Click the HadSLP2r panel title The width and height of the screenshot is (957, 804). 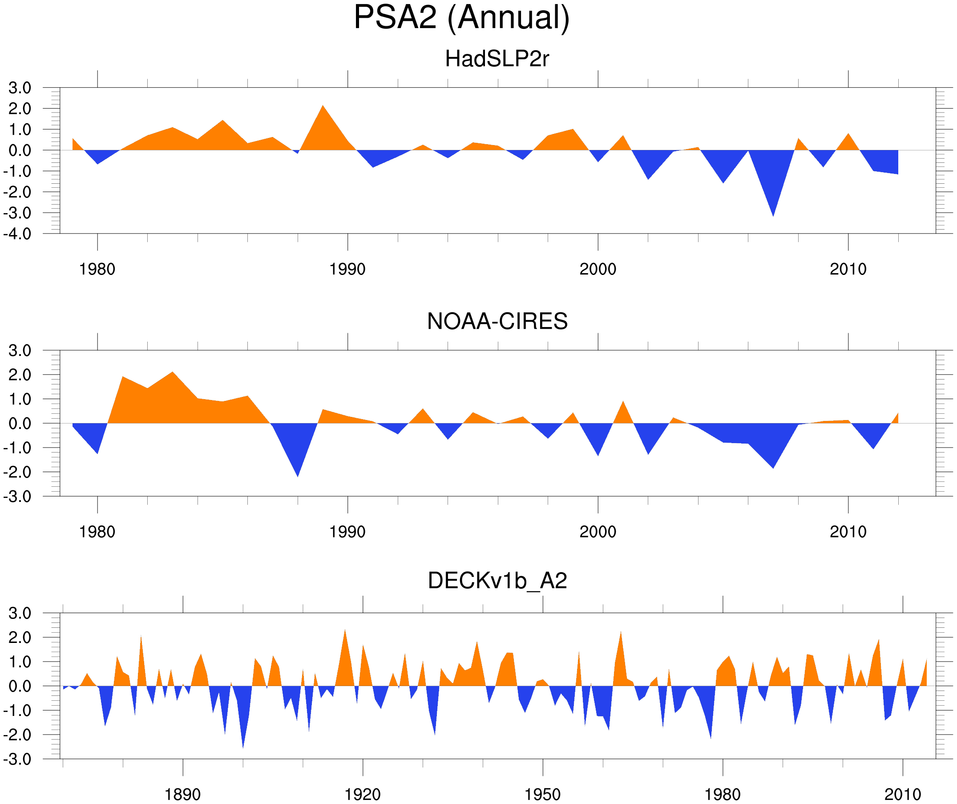click(497, 59)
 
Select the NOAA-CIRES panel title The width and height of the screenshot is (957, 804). click(497, 321)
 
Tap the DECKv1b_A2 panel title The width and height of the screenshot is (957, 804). click(497, 581)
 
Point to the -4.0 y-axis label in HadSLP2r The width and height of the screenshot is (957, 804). click(17, 234)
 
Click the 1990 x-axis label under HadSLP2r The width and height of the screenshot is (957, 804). click(347, 269)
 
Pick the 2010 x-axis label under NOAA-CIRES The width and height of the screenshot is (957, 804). click(848, 532)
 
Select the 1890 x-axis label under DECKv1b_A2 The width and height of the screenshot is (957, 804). click(182, 794)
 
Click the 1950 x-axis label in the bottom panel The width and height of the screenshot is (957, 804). click(542, 794)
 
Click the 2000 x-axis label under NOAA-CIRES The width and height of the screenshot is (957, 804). click(598, 532)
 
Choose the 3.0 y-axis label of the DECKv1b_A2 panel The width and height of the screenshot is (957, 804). click(20, 614)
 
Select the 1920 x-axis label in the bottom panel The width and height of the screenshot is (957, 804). click(362, 794)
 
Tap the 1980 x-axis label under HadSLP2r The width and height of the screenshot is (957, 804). click(97, 269)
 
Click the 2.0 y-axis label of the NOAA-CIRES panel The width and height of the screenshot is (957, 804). click(20, 375)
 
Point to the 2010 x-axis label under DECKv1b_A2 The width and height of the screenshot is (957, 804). click(902, 794)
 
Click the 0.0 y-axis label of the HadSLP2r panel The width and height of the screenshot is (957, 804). click(20, 150)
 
